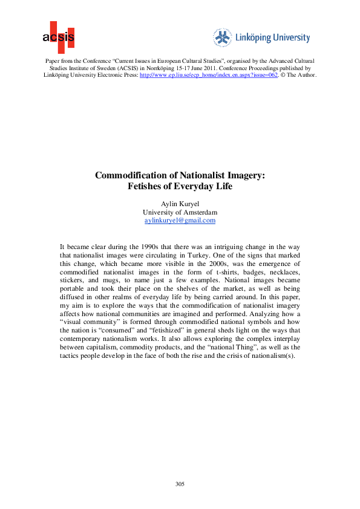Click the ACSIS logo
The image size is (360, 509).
point(59,37)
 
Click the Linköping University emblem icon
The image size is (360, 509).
point(223,37)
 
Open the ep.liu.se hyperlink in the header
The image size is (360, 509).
point(209,74)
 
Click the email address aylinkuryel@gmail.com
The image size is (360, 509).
point(180,221)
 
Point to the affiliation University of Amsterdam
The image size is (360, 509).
point(180,212)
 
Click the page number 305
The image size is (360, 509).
point(180,484)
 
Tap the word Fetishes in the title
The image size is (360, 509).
point(145,187)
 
